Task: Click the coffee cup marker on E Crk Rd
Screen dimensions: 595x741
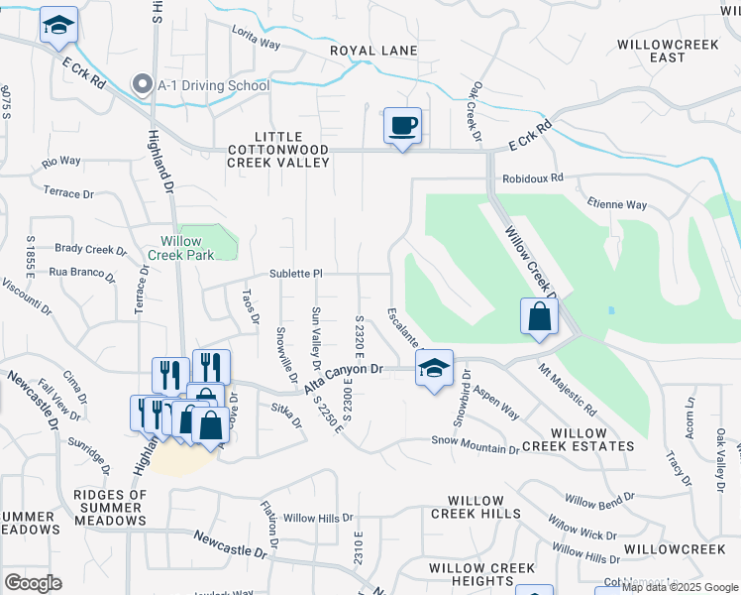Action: click(402, 126)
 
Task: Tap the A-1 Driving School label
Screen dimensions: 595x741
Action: click(213, 85)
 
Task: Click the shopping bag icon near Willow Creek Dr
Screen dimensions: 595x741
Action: click(539, 317)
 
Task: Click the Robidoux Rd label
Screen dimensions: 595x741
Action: click(532, 178)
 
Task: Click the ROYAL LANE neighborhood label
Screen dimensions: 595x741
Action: click(373, 51)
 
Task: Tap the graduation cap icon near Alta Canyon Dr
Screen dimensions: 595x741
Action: click(434, 368)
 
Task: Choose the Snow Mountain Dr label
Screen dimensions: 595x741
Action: click(475, 443)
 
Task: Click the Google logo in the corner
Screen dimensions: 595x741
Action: click(33, 583)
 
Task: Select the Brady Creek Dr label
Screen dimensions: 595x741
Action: click(92, 250)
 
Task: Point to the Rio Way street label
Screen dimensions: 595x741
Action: click(61, 161)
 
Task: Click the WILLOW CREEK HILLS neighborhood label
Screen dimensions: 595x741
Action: click(476, 507)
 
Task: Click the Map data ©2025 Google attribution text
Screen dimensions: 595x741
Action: click(681, 587)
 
